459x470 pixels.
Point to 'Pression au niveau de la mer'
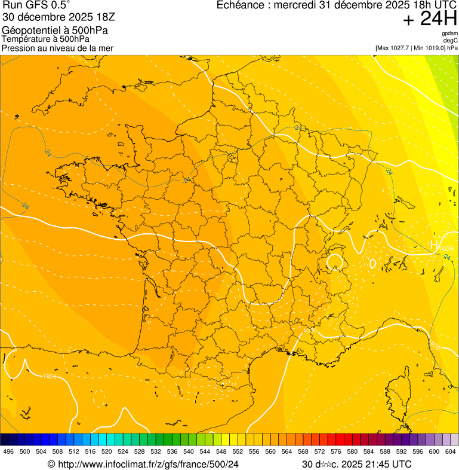[57, 48]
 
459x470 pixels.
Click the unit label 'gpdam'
[449, 33]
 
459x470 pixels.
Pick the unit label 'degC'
[451, 40]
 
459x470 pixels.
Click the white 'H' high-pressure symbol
[434, 245]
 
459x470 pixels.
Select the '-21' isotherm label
[299, 127]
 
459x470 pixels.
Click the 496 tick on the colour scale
[8, 451]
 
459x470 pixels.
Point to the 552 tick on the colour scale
[238, 451]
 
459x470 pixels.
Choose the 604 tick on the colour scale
[450, 451]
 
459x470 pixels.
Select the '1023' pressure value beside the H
[446, 248]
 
